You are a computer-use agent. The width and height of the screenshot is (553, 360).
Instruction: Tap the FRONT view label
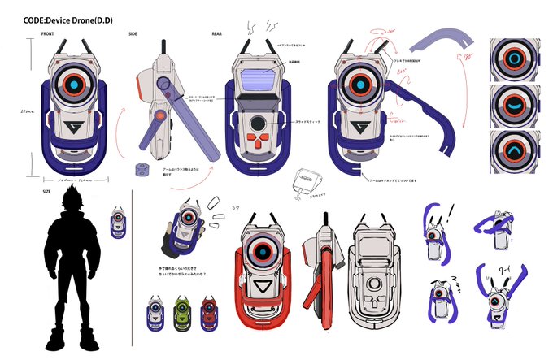(48, 34)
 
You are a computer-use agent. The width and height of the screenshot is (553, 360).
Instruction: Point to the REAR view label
(216, 34)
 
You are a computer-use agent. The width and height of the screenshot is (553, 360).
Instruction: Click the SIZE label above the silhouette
(46, 193)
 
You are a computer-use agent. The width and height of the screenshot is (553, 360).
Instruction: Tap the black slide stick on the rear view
(259, 124)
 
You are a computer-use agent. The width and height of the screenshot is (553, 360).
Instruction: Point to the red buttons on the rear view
(259, 144)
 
